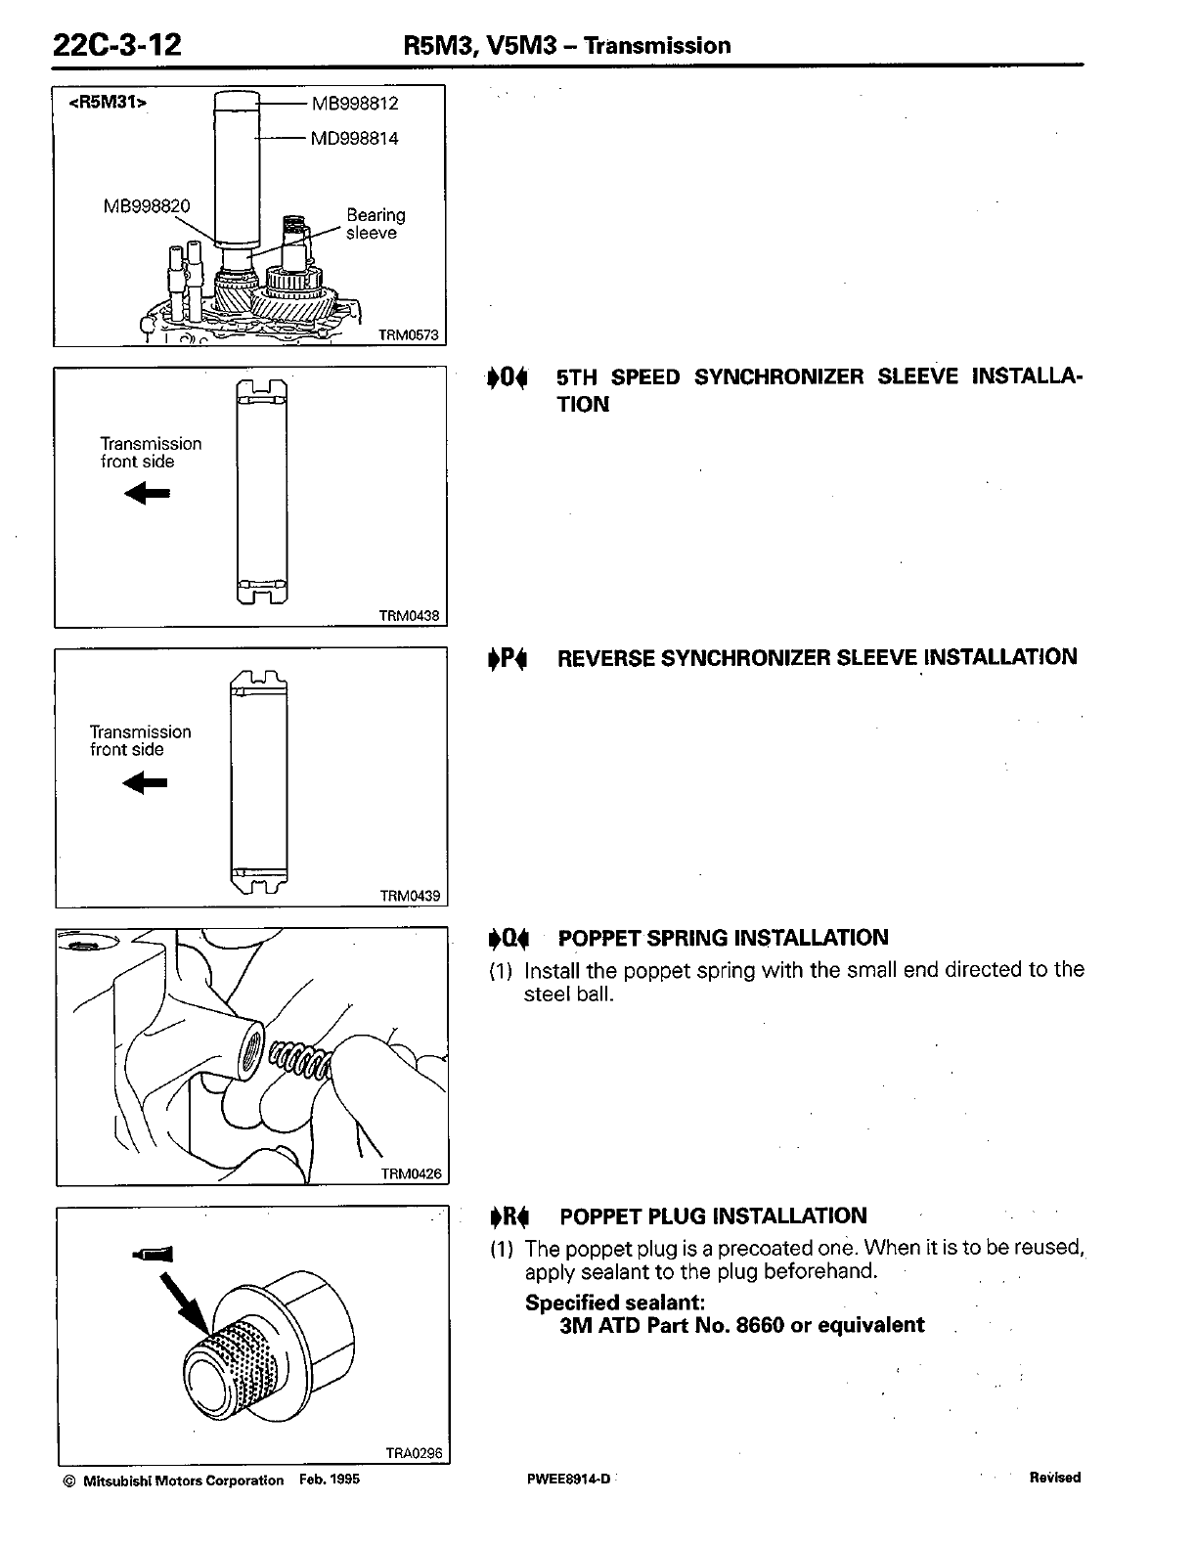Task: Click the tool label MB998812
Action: click(355, 103)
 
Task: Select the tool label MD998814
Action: click(354, 138)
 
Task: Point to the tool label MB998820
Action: click(147, 205)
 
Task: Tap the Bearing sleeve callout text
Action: click(375, 224)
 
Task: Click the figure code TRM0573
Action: click(409, 335)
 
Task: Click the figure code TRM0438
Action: click(409, 616)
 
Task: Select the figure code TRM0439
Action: click(409, 896)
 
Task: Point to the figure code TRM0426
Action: click(410, 1174)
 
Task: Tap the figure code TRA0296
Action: click(414, 1453)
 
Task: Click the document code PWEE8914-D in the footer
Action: click(567, 1479)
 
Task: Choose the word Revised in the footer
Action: click(1054, 1478)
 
